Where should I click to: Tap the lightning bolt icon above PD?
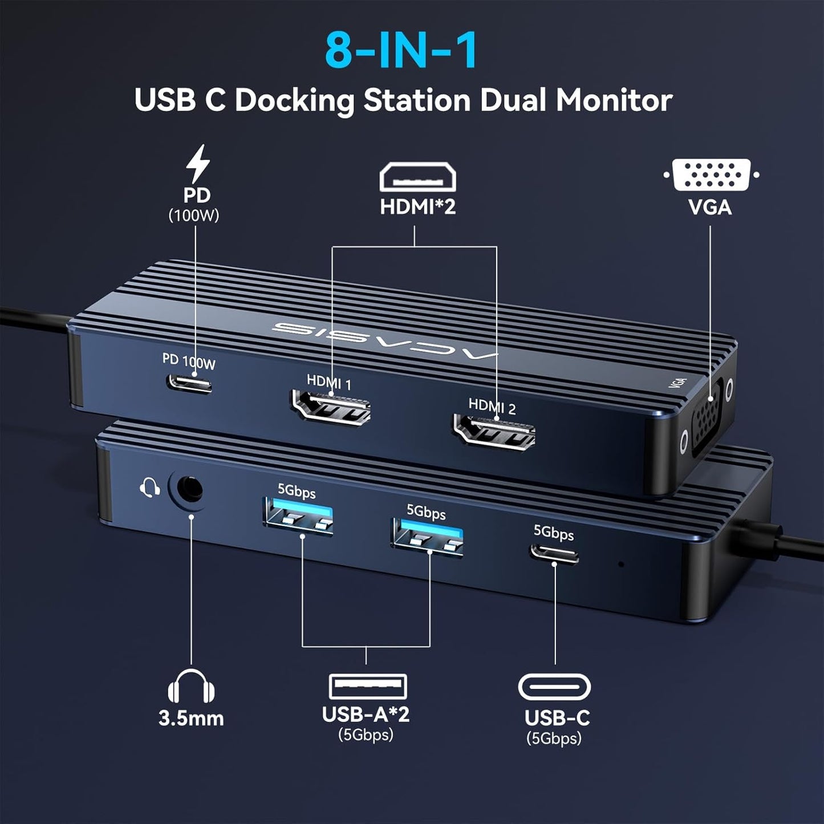point(198,164)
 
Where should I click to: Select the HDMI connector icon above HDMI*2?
point(417,177)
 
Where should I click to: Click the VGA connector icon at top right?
point(711,175)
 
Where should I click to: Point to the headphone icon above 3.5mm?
point(191,686)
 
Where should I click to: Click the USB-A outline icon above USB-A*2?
point(368,687)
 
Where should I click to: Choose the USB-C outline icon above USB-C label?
point(554,687)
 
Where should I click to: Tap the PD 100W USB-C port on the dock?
point(190,383)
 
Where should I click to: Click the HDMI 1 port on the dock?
point(331,408)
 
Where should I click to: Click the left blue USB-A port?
point(298,517)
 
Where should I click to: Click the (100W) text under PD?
point(194,216)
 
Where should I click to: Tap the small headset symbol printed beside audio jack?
point(149,487)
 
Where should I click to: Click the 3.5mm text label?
point(191,719)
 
